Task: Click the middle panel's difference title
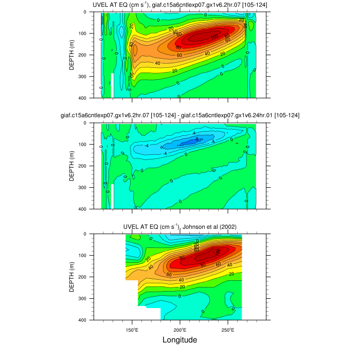coord(180,116)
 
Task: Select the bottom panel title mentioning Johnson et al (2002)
coord(180,227)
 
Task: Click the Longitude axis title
coord(179,340)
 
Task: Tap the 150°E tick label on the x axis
coord(132,329)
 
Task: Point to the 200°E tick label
coord(180,329)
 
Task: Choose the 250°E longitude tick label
coord(228,329)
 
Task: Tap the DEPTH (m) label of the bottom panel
coord(72,277)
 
